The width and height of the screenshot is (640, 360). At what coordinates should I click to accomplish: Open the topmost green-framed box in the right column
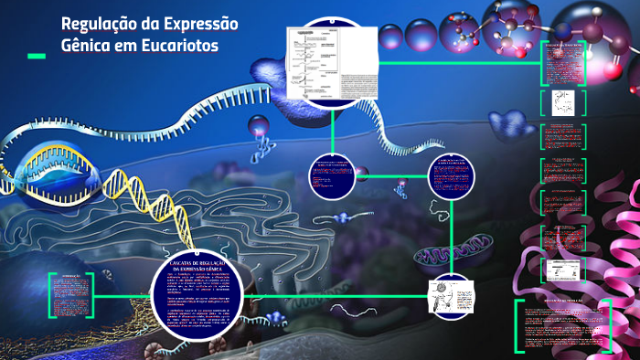(x=564, y=62)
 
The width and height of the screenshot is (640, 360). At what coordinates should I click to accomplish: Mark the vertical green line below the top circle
(x=332, y=128)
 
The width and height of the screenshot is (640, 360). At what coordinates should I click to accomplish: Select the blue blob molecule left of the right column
(x=509, y=123)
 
